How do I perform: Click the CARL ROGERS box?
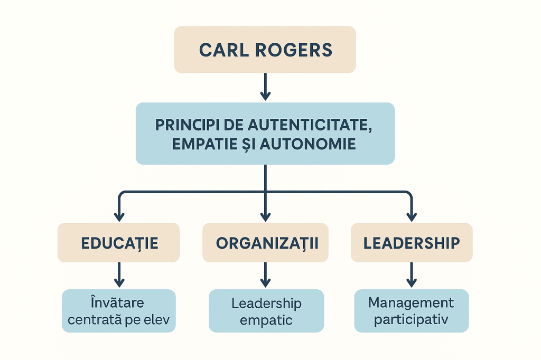pyautogui.click(x=265, y=49)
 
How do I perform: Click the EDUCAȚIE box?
pyautogui.click(x=119, y=243)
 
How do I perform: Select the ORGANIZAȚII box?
pyautogui.click(x=265, y=243)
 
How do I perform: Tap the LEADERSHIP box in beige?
pyautogui.click(x=411, y=243)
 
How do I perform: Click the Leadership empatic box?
pyautogui.click(x=265, y=311)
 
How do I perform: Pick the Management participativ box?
pyautogui.click(x=411, y=311)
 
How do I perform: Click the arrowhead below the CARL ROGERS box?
pyautogui.click(x=265, y=96)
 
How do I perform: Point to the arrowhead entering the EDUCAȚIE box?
pyautogui.click(x=119, y=216)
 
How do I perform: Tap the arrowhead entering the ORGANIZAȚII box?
pyautogui.click(x=265, y=216)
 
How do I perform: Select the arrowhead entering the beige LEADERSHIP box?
pyautogui.click(x=411, y=216)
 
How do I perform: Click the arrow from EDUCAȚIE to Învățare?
pyautogui.click(x=119, y=274)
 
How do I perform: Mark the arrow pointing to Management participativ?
pyautogui.click(x=411, y=274)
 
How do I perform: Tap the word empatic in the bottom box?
pyautogui.click(x=266, y=319)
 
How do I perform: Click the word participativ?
pyautogui.click(x=411, y=319)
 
